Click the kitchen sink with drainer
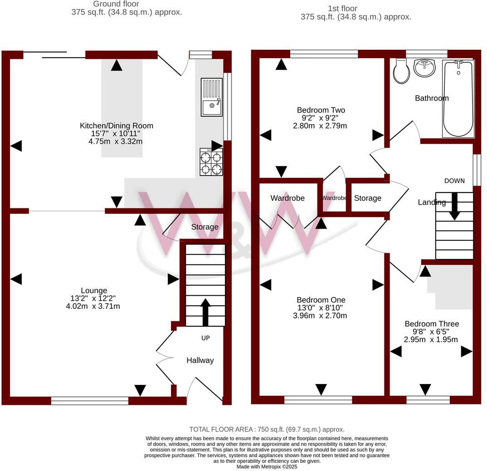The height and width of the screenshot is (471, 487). (212, 96)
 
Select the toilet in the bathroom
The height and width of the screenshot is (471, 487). (401, 72)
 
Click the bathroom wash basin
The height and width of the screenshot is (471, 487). (425, 68)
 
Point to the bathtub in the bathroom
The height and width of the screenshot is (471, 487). (458, 98)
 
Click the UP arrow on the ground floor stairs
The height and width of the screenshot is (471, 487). (205, 312)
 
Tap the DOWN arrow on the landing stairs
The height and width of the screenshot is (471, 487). (454, 206)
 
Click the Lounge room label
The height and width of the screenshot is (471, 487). (94, 290)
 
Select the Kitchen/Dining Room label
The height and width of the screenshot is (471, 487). (117, 125)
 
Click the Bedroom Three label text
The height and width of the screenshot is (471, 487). (432, 324)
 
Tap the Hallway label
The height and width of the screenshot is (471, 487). (200, 360)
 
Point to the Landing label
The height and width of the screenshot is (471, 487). (431, 202)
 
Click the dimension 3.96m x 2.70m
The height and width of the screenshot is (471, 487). (321, 316)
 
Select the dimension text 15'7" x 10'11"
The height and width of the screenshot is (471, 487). (117, 134)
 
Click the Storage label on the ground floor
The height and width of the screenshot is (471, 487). (205, 227)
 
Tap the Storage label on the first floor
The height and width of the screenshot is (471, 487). (367, 198)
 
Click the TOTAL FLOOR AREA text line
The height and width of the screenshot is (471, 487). (267, 429)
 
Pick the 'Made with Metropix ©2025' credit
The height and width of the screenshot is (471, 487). (267, 467)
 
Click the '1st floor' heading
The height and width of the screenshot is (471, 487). (342, 9)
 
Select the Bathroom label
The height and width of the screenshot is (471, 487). (432, 98)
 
